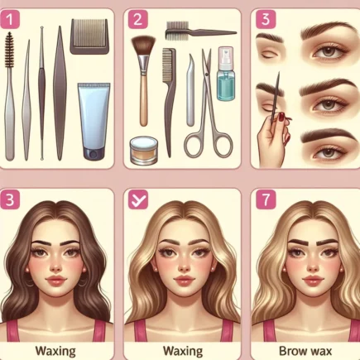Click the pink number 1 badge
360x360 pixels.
pyautogui.click(x=10, y=19)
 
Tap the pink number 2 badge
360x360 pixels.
pyautogui.click(x=138, y=19)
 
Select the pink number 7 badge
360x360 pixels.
pyautogui.click(x=266, y=199)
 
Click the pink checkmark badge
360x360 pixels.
pyautogui.click(x=138, y=199)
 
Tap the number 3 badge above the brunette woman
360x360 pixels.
pyautogui.click(x=10, y=199)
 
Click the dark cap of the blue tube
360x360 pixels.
pyautogui.click(x=94, y=154)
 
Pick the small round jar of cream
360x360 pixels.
pyautogui.click(x=144, y=147)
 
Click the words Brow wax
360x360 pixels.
pyautogui.click(x=305, y=351)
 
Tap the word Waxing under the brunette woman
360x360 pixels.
pyautogui.click(x=55, y=351)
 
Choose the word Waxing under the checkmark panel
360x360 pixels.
pyautogui.click(x=183, y=351)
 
